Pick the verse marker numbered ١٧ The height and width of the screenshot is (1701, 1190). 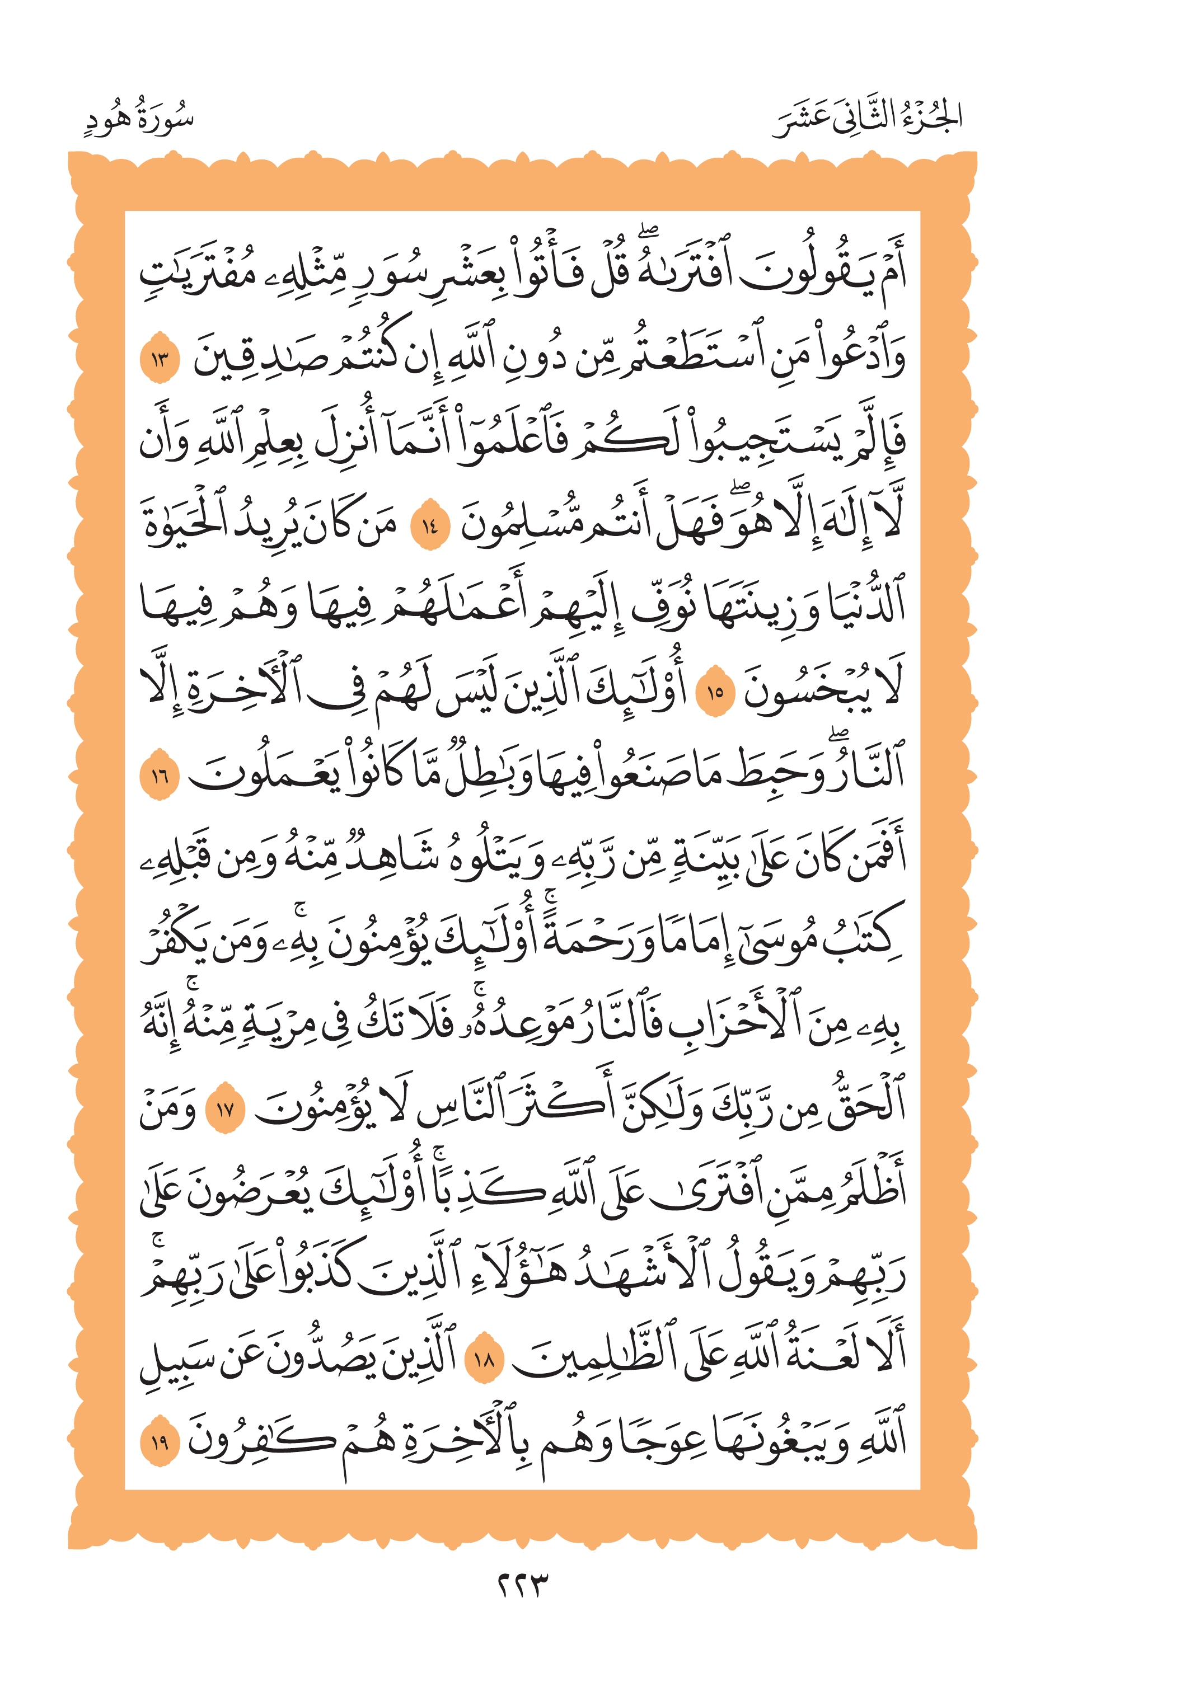224,1110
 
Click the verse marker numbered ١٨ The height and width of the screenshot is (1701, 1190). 483,1359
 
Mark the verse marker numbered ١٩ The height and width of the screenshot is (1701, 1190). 160,1442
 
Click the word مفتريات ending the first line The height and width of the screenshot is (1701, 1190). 196,274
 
